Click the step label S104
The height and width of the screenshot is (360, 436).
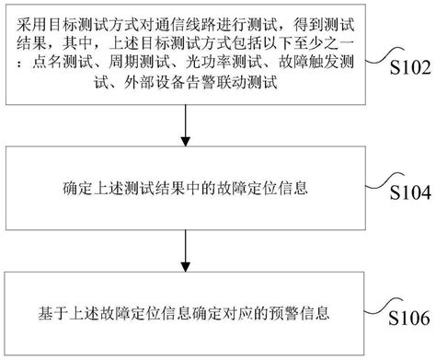pos(404,194)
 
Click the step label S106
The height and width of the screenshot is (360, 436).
pos(404,319)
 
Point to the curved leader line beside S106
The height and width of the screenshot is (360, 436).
pos(380,307)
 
